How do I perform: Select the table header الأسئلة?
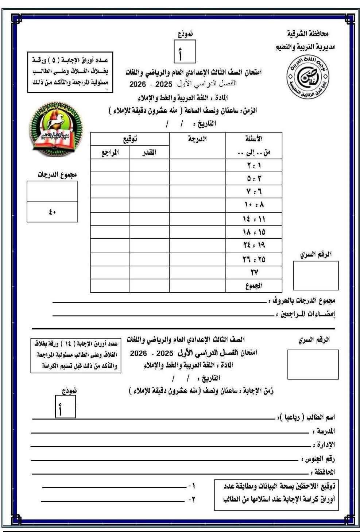(255, 139)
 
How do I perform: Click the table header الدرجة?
(197, 139)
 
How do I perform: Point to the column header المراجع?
(110, 153)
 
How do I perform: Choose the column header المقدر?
(149, 153)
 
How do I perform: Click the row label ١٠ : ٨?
(255, 205)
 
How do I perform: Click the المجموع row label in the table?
(254, 286)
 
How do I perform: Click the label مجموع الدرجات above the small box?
(57, 175)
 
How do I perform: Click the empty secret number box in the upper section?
(316, 275)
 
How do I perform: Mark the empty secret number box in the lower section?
(313, 365)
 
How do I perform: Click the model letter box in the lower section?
(66, 406)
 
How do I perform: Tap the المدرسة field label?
(324, 431)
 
